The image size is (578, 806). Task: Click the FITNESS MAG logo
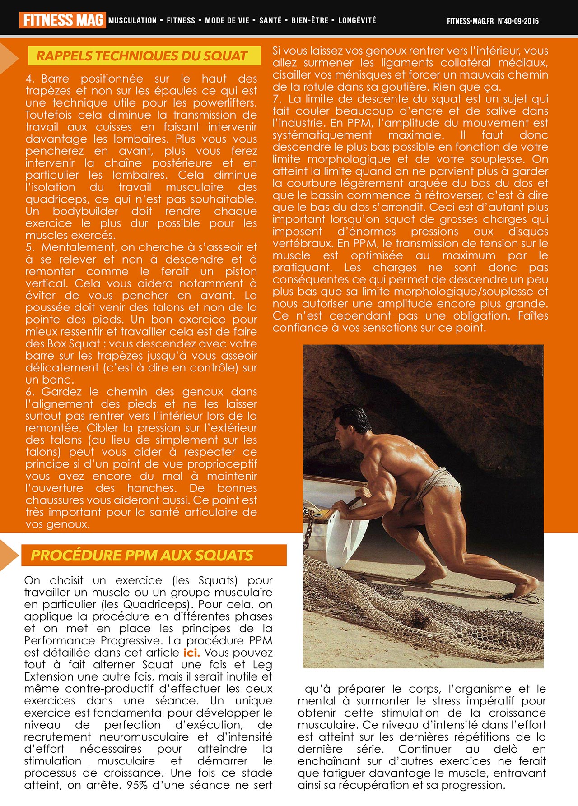[62, 20]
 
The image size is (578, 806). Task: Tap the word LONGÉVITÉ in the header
[357, 20]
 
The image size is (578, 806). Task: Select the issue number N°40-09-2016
[518, 21]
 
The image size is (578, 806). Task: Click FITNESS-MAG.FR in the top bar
[470, 21]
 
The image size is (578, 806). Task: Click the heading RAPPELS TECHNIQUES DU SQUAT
[142, 56]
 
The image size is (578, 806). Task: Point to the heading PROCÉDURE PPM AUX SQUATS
[142, 555]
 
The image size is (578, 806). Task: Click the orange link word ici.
[191, 653]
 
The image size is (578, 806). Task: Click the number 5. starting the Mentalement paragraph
[30, 247]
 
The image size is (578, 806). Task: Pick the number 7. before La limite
[277, 99]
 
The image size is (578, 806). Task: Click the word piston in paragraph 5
[241, 272]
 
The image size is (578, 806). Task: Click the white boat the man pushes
[334, 523]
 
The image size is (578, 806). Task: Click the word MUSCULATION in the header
[132, 20]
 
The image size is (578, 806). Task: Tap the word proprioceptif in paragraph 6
[222, 464]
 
